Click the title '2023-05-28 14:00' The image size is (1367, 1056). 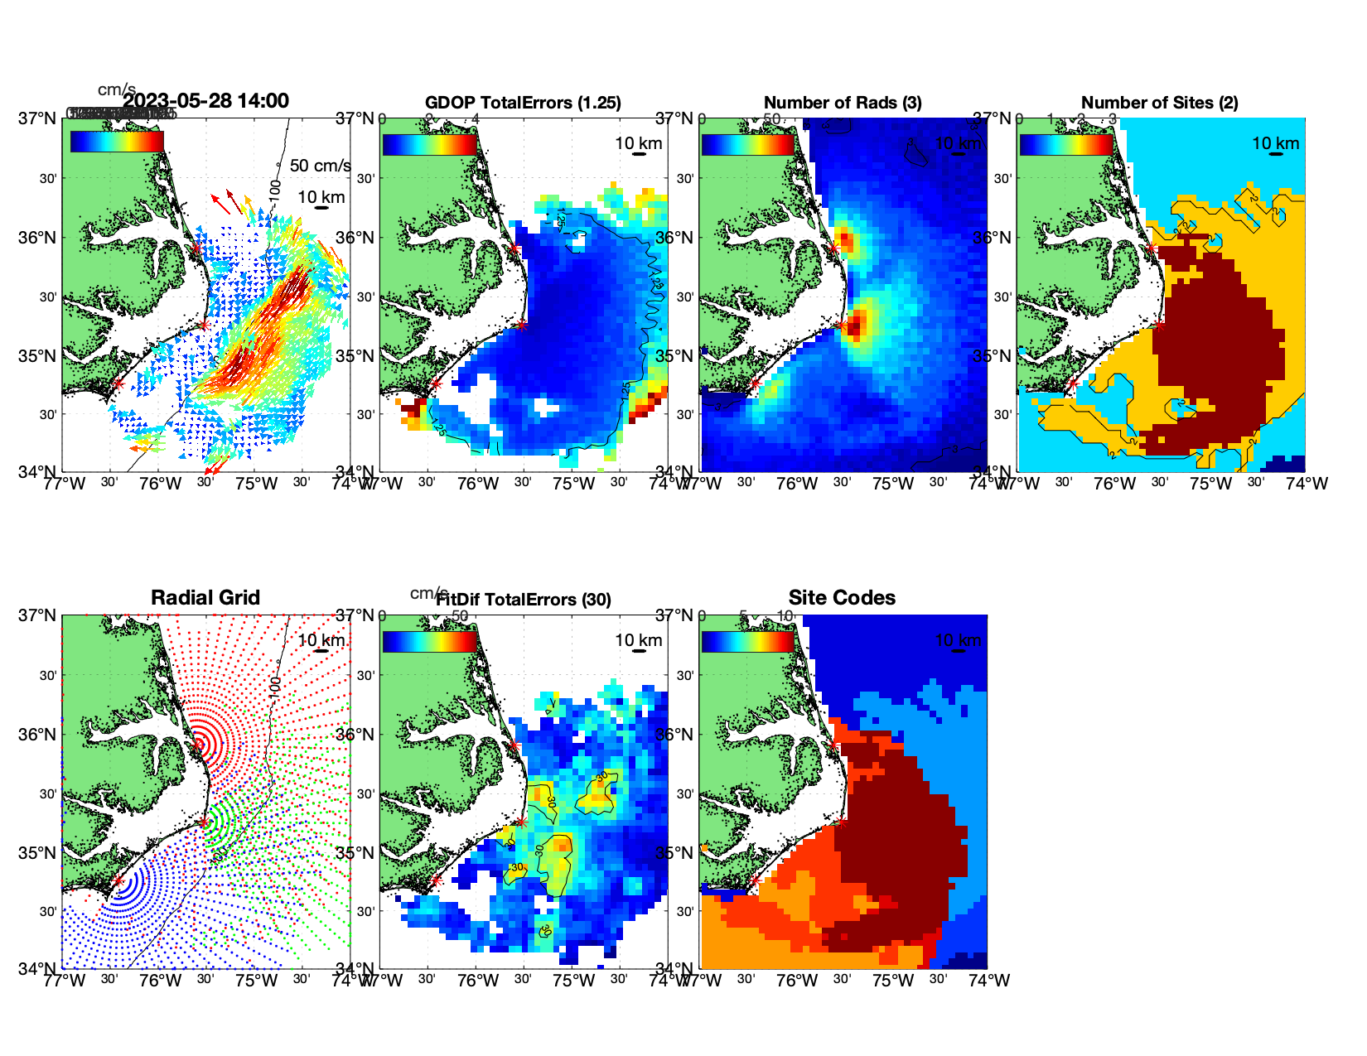pyautogui.click(x=205, y=101)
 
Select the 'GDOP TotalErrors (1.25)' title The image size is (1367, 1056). pyautogui.click(x=523, y=103)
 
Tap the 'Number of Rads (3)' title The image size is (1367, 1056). pyautogui.click(x=843, y=103)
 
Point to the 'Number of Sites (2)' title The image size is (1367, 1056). pyautogui.click(x=1160, y=103)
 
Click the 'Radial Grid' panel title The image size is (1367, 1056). pyautogui.click(x=205, y=597)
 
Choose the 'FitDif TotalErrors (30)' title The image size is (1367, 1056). pyautogui.click(x=524, y=600)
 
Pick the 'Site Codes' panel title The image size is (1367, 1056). pyautogui.click(x=842, y=597)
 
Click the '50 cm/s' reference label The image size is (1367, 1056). pyautogui.click(x=320, y=166)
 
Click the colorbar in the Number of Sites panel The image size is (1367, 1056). pyautogui.click(x=1066, y=144)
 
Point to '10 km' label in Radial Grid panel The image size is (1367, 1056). pyautogui.click(x=321, y=640)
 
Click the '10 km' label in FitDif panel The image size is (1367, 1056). pyautogui.click(x=638, y=640)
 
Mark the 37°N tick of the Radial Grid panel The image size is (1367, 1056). pyautogui.click(x=38, y=615)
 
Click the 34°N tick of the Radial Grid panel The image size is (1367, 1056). pyautogui.click(x=38, y=968)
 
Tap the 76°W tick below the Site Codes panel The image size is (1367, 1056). pyautogui.click(x=797, y=981)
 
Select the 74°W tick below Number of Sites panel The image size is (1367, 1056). pyautogui.click(x=1307, y=484)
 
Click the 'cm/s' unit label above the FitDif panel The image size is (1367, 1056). pyautogui.click(x=428, y=593)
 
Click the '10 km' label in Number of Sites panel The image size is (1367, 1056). pyautogui.click(x=1275, y=143)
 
